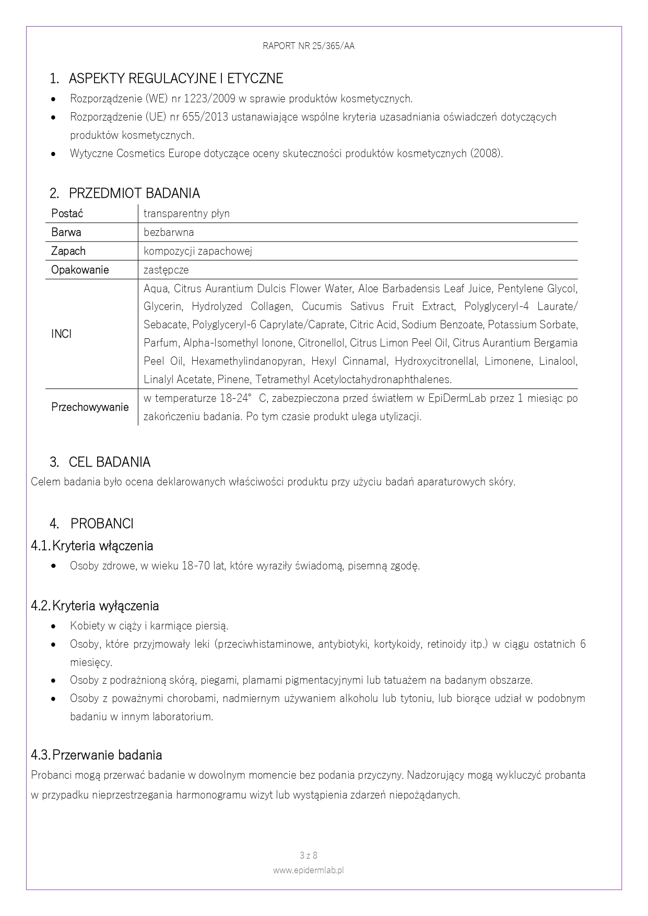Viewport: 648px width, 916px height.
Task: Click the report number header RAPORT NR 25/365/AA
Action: click(x=309, y=46)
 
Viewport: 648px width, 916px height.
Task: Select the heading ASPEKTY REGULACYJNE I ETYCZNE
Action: click(x=176, y=79)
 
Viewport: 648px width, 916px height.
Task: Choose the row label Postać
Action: click(x=67, y=213)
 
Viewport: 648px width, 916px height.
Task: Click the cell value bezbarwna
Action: click(x=169, y=232)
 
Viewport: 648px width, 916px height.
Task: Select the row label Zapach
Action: click(x=68, y=251)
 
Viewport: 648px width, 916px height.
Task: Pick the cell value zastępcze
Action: click(x=166, y=270)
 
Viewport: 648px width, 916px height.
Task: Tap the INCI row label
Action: click(x=62, y=334)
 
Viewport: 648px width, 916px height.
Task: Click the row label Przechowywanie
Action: click(x=90, y=407)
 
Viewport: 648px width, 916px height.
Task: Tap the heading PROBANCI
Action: click(x=102, y=524)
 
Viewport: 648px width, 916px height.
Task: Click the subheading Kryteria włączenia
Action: click(x=103, y=546)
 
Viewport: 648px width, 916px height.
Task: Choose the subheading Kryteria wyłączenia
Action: click(x=105, y=606)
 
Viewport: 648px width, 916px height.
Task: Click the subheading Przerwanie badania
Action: click(x=107, y=755)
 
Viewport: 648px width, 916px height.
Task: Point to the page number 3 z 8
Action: click(x=309, y=855)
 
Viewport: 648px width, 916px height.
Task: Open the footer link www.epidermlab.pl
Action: click(x=309, y=870)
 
